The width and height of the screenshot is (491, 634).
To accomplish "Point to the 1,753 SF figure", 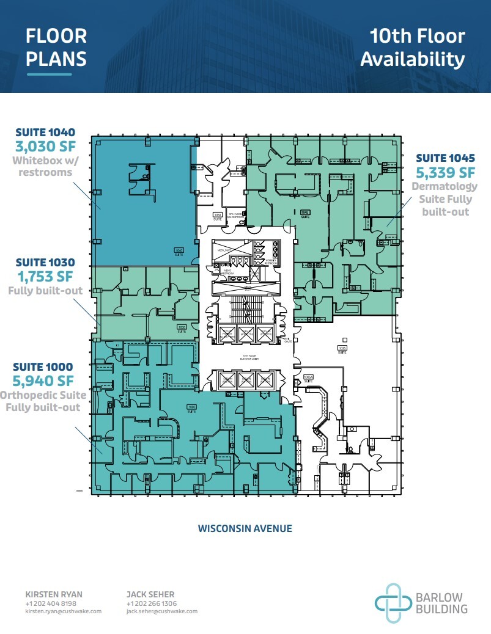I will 45,276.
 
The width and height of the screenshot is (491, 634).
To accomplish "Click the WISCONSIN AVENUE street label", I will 245,528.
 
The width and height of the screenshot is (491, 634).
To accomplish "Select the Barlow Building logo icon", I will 391,603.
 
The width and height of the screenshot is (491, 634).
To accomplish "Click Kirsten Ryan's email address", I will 63,611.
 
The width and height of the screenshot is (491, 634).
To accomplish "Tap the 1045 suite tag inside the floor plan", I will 305,213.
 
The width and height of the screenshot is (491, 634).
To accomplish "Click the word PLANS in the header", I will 56,59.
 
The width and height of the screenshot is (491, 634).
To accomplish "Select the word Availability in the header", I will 413,59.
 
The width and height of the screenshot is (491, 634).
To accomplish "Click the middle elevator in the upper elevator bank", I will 246,333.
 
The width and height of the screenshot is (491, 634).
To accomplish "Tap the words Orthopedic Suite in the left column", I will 43,396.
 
